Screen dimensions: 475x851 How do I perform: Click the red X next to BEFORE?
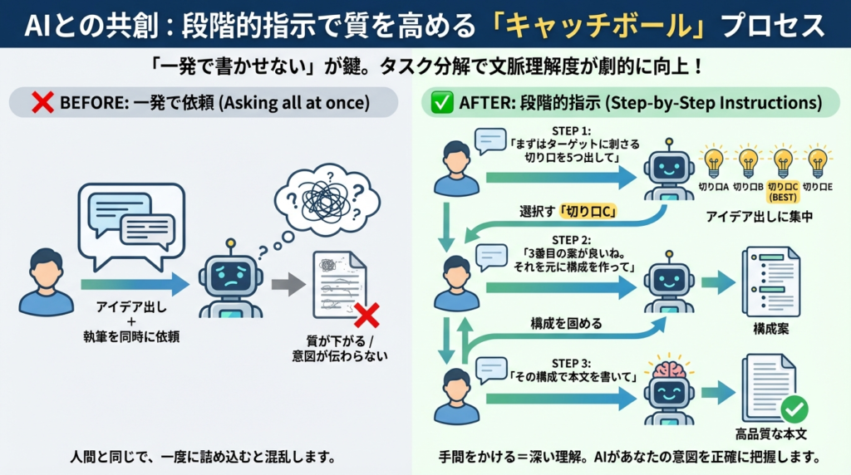click(x=42, y=105)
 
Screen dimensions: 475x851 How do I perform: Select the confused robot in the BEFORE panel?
click(x=230, y=280)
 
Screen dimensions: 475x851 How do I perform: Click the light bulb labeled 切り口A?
click(x=713, y=161)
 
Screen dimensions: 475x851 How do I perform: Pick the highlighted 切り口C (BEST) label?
click(x=781, y=193)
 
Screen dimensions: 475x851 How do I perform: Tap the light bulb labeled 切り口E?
click(x=819, y=161)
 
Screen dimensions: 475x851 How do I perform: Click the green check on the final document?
click(x=794, y=408)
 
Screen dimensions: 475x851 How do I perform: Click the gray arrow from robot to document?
click(x=288, y=285)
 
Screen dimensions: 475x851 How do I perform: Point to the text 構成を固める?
click(x=566, y=322)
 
